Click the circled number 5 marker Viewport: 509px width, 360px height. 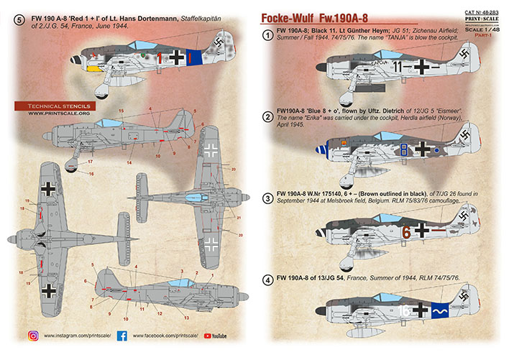click(19, 19)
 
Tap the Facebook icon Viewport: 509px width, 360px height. click(121, 335)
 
